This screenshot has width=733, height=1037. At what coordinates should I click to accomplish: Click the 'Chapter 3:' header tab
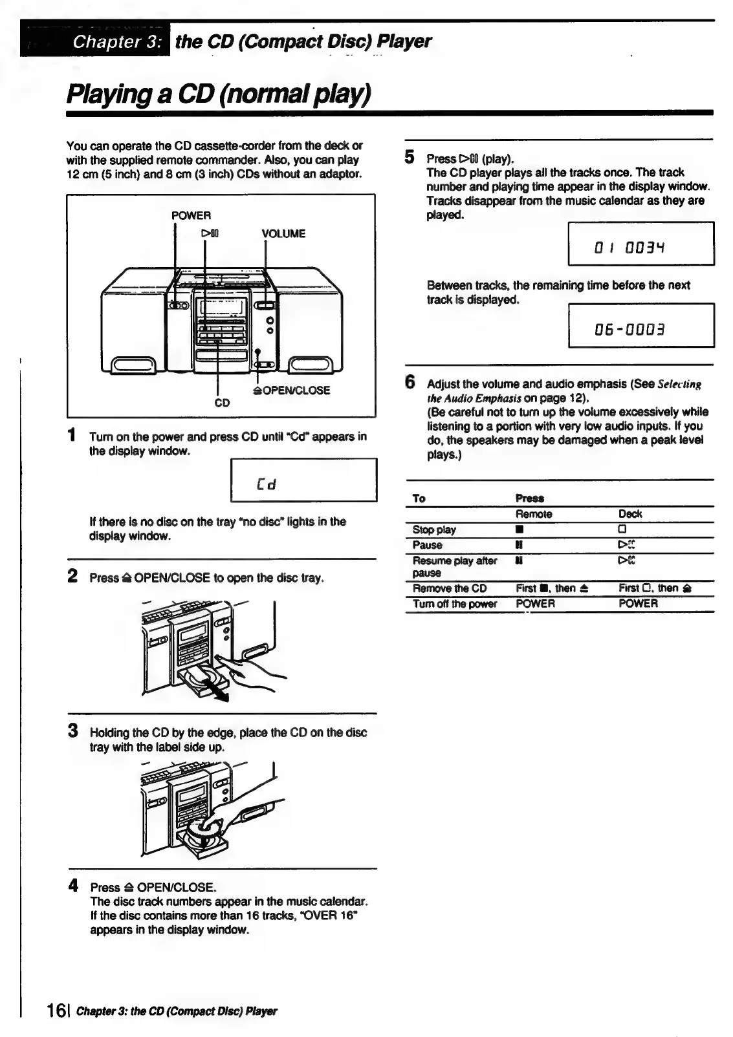click(116, 41)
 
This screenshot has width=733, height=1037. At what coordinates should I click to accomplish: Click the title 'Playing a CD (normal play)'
click(219, 94)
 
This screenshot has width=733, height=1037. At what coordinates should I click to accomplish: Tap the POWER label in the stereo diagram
click(191, 215)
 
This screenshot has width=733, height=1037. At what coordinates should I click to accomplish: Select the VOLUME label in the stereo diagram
click(283, 233)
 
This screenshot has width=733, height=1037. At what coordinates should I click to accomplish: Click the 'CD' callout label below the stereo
click(222, 403)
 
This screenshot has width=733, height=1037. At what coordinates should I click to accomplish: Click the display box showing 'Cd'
click(303, 480)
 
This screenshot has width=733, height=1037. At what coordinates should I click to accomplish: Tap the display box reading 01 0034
click(640, 244)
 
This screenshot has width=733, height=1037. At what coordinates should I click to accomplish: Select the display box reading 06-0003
click(640, 325)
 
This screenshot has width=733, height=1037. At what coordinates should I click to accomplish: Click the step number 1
click(74, 435)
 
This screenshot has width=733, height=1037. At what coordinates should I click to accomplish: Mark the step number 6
click(410, 382)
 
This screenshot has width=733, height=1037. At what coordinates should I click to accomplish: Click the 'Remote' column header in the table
click(534, 514)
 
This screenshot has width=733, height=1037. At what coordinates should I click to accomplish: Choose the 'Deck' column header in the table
click(630, 514)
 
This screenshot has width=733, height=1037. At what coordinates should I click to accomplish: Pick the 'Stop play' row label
click(434, 529)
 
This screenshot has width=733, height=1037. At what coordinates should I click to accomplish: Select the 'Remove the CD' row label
click(450, 588)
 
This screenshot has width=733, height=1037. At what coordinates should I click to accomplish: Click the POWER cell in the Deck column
click(638, 603)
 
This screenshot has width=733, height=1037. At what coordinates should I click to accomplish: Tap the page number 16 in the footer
click(57, 1010)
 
